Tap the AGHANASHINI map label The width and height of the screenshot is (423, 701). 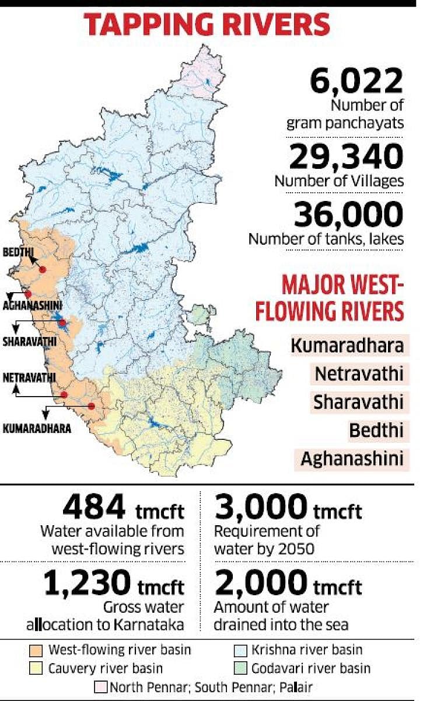[33, 305]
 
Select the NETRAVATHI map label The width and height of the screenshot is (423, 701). [29, 377]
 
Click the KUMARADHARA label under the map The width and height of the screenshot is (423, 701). [37, 428]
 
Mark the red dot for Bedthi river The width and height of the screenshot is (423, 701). [42, 269]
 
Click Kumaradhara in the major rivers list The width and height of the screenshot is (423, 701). [347, 345]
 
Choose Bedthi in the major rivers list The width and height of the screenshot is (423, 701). [376, 431]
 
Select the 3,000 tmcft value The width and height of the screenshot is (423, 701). [288, 507]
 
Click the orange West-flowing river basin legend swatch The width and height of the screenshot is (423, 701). [36, 649]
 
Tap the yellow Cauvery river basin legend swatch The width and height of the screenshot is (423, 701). [36, 667]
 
